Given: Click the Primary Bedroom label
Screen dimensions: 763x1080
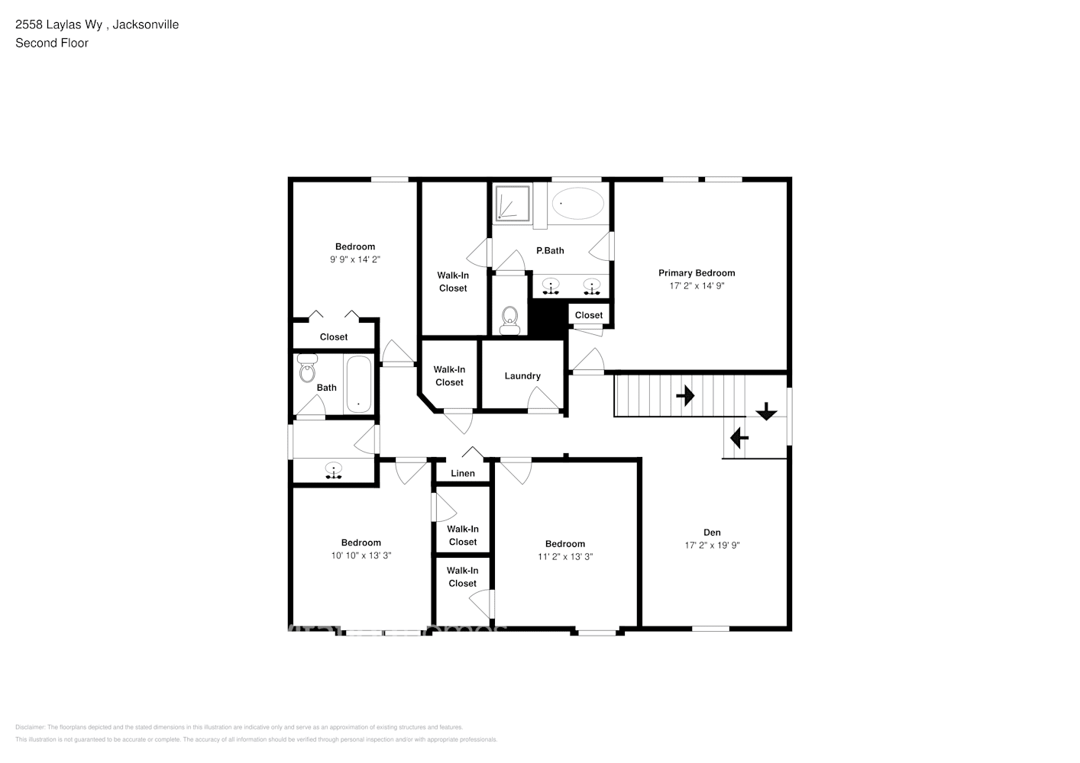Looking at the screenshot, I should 697,272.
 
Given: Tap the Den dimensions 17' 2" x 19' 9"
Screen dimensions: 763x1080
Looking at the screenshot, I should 712,546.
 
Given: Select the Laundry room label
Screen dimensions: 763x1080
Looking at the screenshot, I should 522,376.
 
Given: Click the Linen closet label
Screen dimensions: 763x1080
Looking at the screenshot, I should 463,473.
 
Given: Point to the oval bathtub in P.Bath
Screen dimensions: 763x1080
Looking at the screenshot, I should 578,204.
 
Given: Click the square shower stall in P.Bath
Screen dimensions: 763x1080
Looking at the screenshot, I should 510,204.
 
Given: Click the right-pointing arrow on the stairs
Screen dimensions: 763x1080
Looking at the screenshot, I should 685,395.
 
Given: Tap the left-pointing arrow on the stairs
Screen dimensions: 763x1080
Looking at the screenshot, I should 739,438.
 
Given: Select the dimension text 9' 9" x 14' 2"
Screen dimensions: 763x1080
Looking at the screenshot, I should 355,259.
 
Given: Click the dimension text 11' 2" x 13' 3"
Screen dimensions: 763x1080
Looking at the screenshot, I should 565,557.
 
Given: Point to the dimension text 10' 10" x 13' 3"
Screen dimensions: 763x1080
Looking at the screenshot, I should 361,556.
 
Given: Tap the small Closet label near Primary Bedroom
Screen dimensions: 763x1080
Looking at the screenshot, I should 588,315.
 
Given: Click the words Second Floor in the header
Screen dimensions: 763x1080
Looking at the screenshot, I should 52,43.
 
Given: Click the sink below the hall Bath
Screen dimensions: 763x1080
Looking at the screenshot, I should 333,470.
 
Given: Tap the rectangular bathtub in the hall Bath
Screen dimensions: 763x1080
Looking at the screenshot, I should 358,385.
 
